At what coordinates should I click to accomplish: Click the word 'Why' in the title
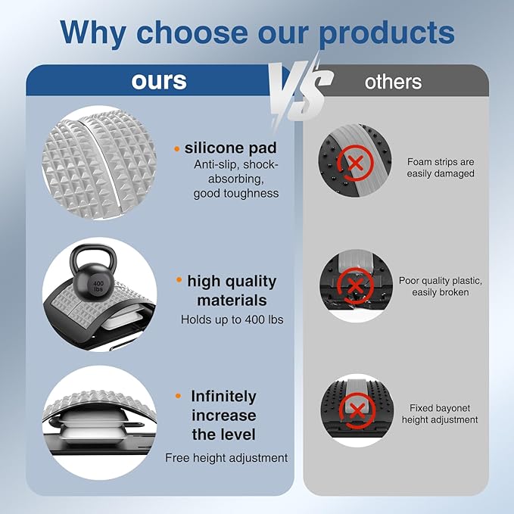(93, 33)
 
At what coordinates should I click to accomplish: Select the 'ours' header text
(159, 81)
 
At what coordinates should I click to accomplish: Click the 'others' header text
(393, 82)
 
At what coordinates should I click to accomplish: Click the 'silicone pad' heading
(230, 148)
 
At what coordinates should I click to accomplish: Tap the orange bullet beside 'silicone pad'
(177, 149)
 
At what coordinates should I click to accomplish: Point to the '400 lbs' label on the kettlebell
(98, 286)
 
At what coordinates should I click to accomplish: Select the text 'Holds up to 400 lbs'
(232, 319)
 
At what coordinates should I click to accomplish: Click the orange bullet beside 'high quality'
(179, 279)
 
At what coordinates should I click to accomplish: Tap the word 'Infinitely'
(223, 397)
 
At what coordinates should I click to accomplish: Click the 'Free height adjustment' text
(226, 458)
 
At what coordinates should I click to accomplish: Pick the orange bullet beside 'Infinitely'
(179, 396)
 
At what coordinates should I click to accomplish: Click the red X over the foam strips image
(356, 163)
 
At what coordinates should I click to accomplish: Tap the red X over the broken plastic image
(355, 286)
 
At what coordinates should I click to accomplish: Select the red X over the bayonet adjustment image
(357, 411)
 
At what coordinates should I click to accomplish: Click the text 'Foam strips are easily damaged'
(441, 167)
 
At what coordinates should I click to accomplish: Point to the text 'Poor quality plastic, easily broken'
(441, 286)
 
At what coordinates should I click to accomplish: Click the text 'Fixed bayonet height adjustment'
(440, 413)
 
